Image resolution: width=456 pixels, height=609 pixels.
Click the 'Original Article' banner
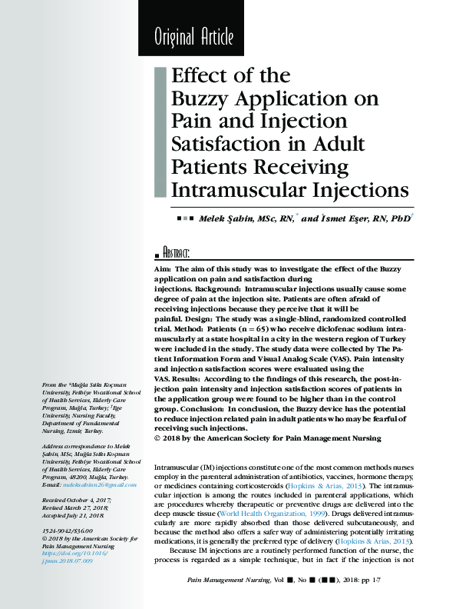point(193,36)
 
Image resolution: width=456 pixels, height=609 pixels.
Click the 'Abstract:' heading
point(176,253)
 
